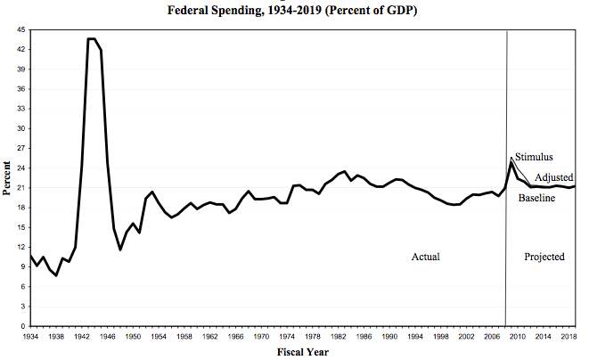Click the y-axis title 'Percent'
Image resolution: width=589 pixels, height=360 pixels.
(x=8, y=178)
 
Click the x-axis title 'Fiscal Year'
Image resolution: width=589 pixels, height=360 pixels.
(x=304, y=352)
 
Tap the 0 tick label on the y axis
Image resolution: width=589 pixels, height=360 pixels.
(x=22, y=326)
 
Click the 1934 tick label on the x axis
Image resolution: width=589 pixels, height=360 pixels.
(x=30, y=338)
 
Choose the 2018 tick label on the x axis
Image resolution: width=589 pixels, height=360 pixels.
(x=569, y=338)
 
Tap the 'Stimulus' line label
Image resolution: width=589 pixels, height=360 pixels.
(x=534, y=157)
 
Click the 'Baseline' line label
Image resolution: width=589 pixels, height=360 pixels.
(x=536, y=197)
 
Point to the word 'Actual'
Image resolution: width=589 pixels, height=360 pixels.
(x=425, y=257)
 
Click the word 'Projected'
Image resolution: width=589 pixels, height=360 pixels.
(x=544, y=257)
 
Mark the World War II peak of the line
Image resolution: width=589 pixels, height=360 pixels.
(x=93, y=39)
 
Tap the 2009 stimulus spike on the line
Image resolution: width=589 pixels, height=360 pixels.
(x=511, y=160)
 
